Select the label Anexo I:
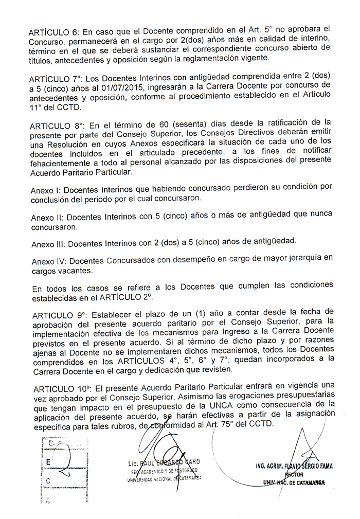[x=46, y=189]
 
